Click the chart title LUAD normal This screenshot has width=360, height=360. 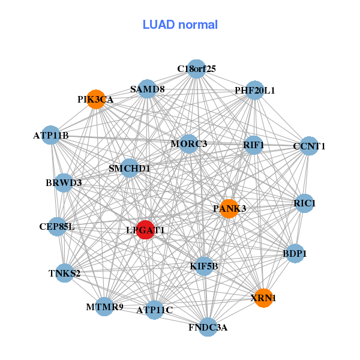(180, 25)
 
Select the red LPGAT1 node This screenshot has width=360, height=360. (146, 229)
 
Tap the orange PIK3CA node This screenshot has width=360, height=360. (97, 99)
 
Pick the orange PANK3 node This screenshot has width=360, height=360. (229, 209)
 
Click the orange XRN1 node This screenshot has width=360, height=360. (263, 298)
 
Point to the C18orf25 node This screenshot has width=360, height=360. (196, 69)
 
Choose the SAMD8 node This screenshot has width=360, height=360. (148, 89)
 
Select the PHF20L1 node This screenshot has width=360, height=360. (255, 91)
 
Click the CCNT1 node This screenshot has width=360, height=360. (308, 146)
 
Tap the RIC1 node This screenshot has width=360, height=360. (305, 203)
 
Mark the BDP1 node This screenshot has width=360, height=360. (295, 254)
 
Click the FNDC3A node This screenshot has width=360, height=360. (208, 327)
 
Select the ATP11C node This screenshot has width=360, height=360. (154, 310)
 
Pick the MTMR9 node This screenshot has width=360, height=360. (104, 307)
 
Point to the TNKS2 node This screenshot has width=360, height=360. (65, 274)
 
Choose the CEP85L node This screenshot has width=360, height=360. (57, 227)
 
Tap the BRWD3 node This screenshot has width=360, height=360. (64, 182)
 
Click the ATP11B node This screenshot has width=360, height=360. (51, 136)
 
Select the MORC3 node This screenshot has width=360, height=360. (189, 144)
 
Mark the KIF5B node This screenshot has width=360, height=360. (204, 266)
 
